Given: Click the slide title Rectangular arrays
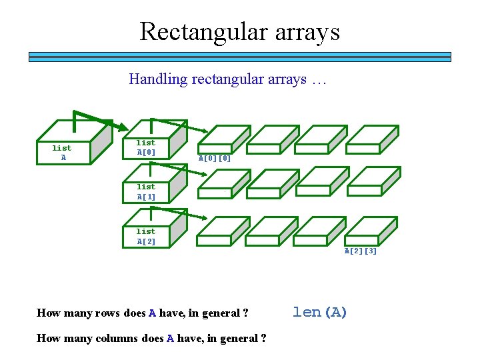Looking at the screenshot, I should point(239,31).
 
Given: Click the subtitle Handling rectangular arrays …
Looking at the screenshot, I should point(227,79).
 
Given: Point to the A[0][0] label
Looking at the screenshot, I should point(215,159).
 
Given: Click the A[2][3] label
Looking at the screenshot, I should point(361,251).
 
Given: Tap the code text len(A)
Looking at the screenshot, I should point(320,312).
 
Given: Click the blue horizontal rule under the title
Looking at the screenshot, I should point(239,57).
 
